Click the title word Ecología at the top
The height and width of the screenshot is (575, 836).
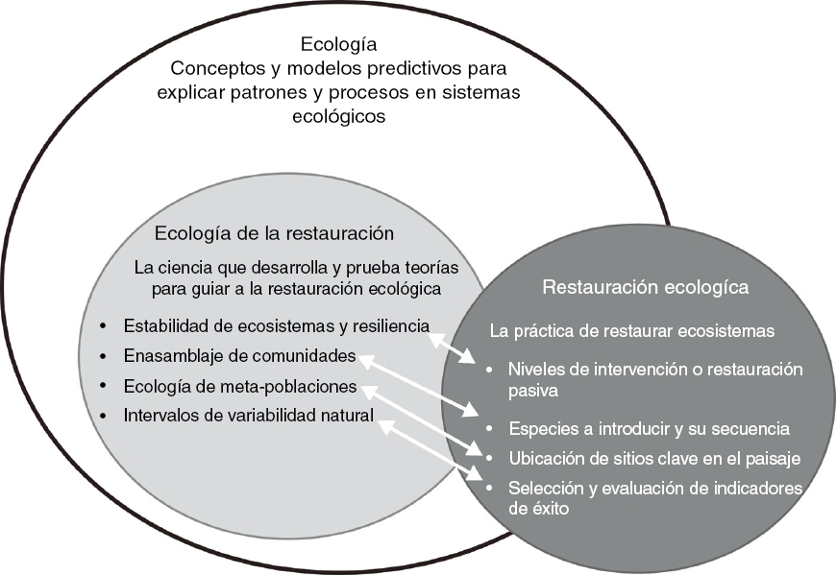coord(338,44)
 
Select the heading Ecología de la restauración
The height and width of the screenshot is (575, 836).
coord(274,233)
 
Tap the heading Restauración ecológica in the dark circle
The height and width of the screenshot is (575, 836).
coord(645,287)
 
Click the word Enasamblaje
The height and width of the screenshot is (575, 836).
coord(170,356)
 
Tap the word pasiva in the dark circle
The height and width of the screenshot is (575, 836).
coord(534,392)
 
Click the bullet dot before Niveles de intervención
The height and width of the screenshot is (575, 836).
coord(491,370)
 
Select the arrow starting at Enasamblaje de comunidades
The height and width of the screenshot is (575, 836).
coord(419,384)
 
